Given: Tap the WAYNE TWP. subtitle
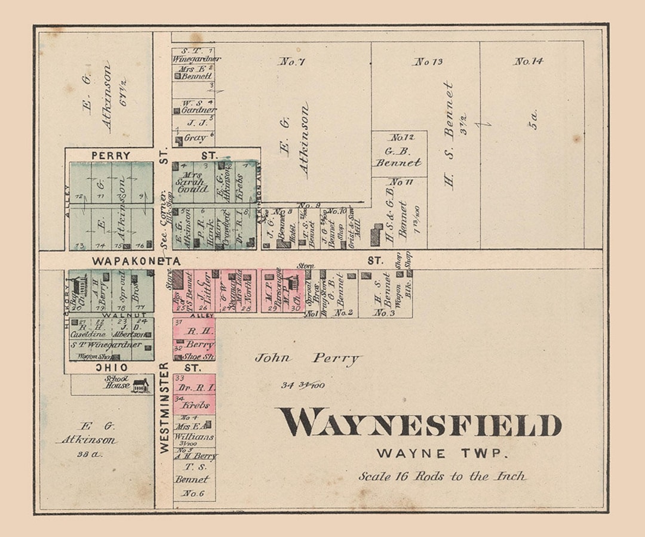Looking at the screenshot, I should [x=442, y=453].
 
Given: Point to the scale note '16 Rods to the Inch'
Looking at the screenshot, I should [x=443, y=476].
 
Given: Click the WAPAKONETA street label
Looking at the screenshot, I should [x=136, y=261].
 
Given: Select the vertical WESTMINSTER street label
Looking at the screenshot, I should [x=164, y=408].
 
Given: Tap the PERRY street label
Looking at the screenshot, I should [x=110, y=155].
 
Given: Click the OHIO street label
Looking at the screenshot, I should [x=113, y=368].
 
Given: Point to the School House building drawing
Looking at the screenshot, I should [x=140, y=385].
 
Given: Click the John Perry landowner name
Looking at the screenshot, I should [x=308, y=358].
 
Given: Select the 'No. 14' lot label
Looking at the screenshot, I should [x=529, y=61].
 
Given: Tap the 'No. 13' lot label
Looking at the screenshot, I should [x=429, y=61].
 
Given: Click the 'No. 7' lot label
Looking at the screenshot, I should [x=292, y=61].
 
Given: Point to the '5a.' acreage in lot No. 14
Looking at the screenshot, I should [x=535, y=119].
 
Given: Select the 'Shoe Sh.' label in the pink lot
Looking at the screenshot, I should [x=201, y=356].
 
